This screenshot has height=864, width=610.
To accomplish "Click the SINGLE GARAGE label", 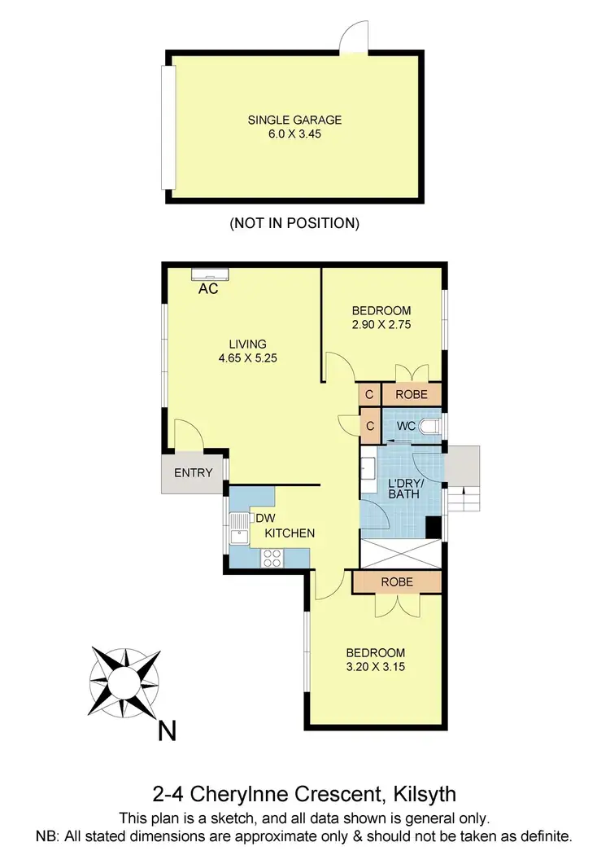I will [294, 120].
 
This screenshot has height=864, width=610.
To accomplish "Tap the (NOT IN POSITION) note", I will [294, 222].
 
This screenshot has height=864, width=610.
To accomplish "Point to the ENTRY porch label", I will [194, 472].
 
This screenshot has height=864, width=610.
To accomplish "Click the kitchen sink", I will [239, 535].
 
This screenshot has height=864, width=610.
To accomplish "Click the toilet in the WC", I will [432, 427].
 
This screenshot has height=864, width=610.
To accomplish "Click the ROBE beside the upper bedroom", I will [412, 395].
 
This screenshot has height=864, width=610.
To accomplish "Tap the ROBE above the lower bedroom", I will [396, 582].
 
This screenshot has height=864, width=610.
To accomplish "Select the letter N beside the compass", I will [167, 732].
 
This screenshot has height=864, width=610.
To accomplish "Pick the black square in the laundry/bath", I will [434, 528].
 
